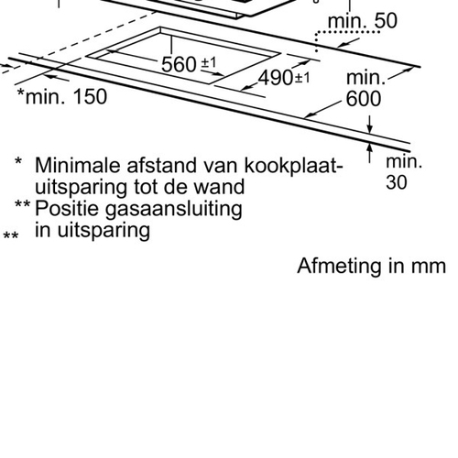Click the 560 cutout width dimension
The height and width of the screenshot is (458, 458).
click(x=179, y=64)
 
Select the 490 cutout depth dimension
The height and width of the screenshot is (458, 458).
click(x=276, y=78)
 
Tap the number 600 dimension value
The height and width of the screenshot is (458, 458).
click(x=364, y=99)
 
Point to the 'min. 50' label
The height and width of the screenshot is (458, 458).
click(x=363, y=21)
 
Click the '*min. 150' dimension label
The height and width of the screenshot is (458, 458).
click(x=62, y=96)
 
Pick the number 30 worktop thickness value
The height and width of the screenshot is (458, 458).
click(x=397, y=182)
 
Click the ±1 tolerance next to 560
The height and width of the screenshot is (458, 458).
click(x=209, y=62)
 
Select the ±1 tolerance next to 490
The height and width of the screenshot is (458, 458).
click(x=302, y=78)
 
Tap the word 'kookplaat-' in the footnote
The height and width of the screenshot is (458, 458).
click(x=294, y=166)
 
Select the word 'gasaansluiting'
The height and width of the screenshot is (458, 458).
click(x=174, y=210)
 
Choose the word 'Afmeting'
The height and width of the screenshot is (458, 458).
click(x=339, y=266)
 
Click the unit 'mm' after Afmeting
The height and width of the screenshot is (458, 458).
click(x=429, y=267)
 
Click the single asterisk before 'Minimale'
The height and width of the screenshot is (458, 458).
click(x=18, y=161)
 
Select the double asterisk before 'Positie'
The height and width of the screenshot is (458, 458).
click(x=22, y=204)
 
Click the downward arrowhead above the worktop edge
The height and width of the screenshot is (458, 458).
click(x=370, y=129)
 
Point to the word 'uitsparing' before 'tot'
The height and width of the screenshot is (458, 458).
click(x=82, y=188)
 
